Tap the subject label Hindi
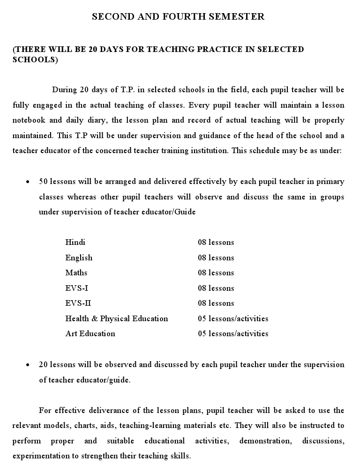(x=75, y=243)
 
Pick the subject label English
(x=79, y=258)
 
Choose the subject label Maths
(x=76, y=273)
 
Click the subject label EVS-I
(x=76, y=288)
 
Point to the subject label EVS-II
(x=78, y=303)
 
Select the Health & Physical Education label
(x=116, y=318)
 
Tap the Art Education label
(x=90, y=333)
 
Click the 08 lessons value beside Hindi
(x=216, y=243)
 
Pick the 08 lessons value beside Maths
(x=216, y=273)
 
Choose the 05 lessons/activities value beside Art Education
(x=233, y=333)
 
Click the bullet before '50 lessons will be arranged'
(x=29, y=182)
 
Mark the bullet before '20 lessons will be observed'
(x=29, y=365)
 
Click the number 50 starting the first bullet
(x=43, y=181)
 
